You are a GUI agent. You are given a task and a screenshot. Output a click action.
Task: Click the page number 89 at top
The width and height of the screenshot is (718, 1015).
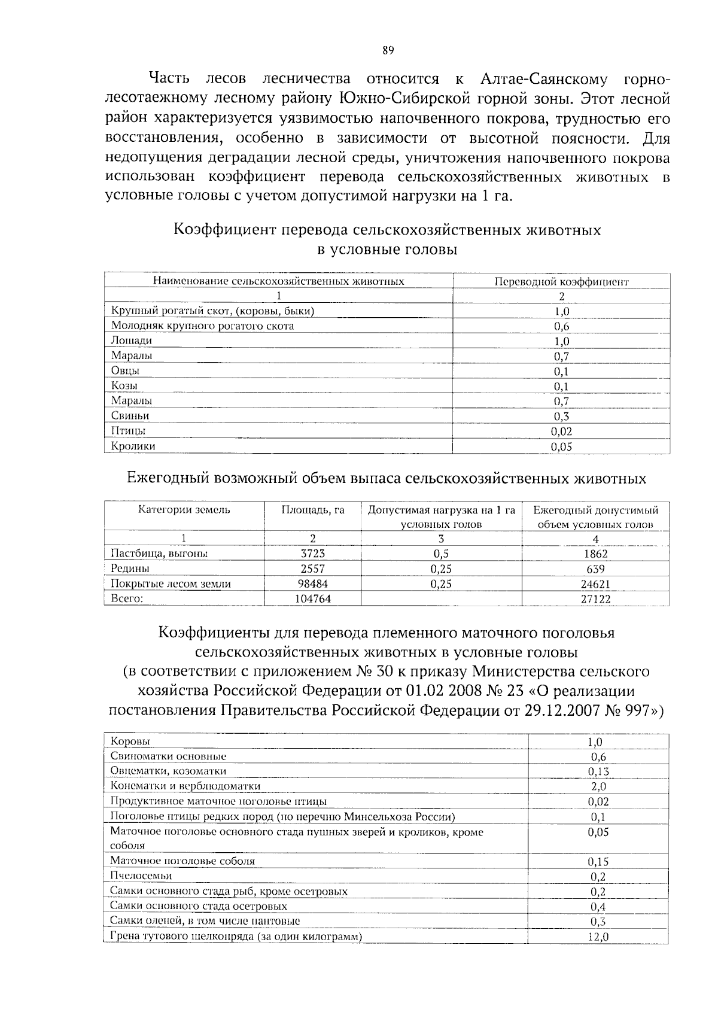(388, 51)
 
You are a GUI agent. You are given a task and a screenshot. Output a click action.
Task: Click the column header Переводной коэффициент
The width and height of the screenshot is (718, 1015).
(561, 281)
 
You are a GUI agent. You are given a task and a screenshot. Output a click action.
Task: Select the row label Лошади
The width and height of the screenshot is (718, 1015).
(132, 341)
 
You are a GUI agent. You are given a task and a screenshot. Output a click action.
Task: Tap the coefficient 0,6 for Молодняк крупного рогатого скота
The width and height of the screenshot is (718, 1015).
(561, 326)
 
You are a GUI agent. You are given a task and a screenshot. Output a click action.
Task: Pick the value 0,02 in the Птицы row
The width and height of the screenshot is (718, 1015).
(561, 431)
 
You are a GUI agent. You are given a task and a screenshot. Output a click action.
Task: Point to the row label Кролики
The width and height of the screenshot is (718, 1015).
(133, 446)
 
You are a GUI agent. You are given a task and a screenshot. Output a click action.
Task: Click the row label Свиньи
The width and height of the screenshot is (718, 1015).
(130, 415)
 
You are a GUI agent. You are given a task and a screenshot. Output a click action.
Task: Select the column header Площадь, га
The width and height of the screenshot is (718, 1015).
(313, 510)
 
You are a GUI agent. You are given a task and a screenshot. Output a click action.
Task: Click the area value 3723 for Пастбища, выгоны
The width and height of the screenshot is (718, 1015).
(313, 554)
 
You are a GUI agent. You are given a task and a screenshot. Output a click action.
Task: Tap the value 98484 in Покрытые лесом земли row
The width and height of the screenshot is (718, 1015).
(313, 584)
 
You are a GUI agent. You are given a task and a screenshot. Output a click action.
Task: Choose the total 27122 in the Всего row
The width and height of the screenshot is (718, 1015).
(595, 598)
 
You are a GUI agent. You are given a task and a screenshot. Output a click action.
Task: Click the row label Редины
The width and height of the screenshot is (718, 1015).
(130, 569)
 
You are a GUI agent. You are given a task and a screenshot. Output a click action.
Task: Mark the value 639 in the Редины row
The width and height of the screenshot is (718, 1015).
(595, 569)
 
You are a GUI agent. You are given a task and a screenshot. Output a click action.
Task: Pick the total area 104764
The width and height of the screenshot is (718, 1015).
(313, 598)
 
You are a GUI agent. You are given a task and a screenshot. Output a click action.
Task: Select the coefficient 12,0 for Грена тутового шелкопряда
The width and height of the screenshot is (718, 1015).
(598, 937)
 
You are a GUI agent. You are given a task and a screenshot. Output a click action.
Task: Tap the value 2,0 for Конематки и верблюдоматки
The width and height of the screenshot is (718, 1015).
(598, 786)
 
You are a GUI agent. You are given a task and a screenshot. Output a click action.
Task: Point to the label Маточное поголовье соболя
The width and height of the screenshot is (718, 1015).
(182, 861)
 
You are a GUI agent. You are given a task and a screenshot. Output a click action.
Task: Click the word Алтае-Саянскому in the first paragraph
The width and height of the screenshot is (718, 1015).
(543, 79)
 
